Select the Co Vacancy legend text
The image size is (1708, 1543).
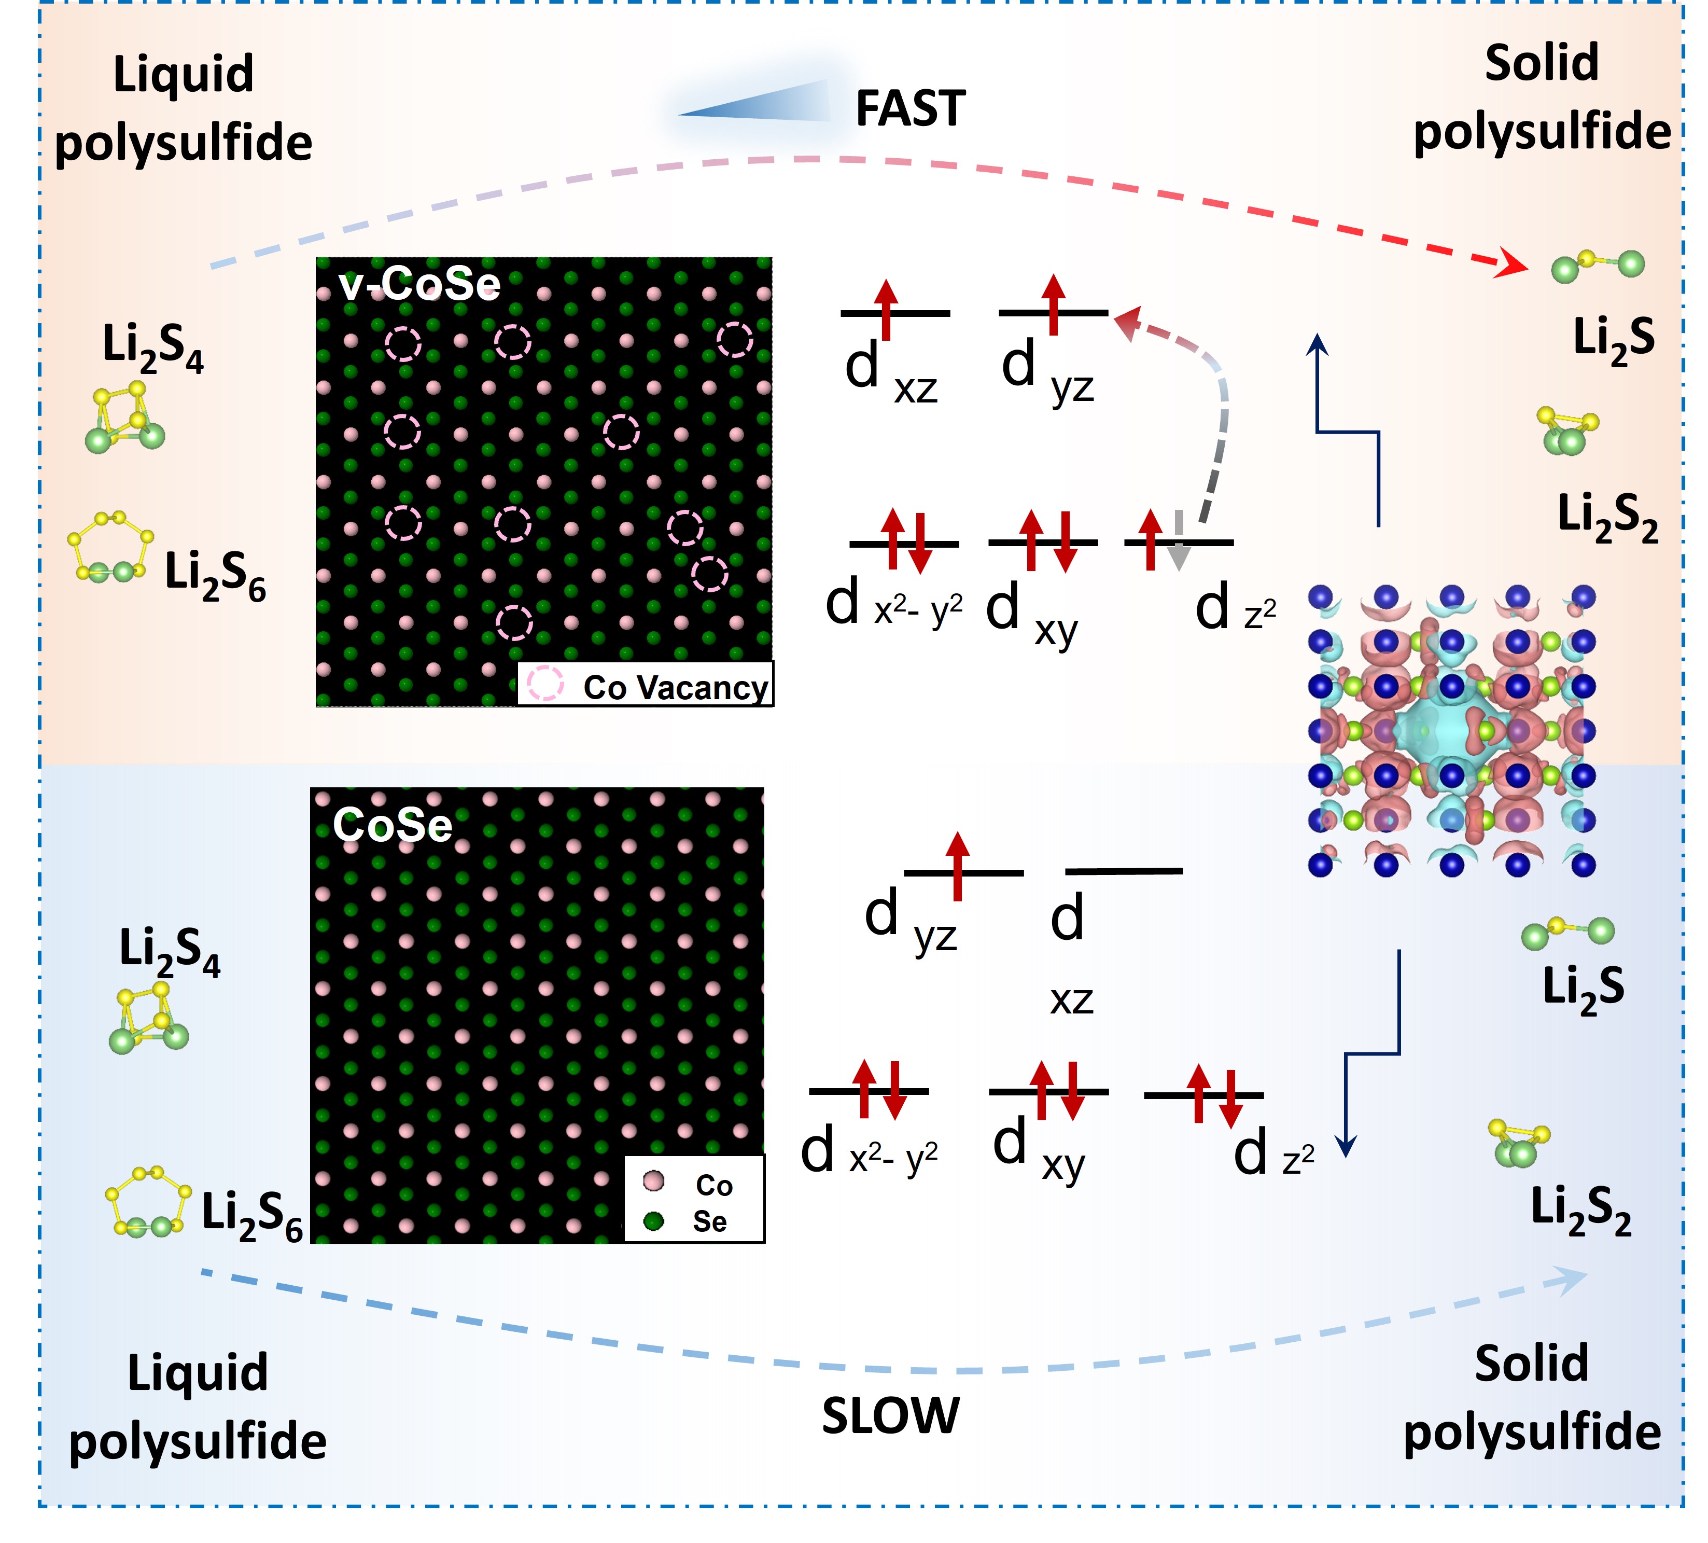click(675, 687)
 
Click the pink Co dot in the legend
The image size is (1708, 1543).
click(652, 1181)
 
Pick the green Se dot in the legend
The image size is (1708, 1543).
click(652, 1221)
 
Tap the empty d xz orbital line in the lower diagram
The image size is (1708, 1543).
click(1124, 870)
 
